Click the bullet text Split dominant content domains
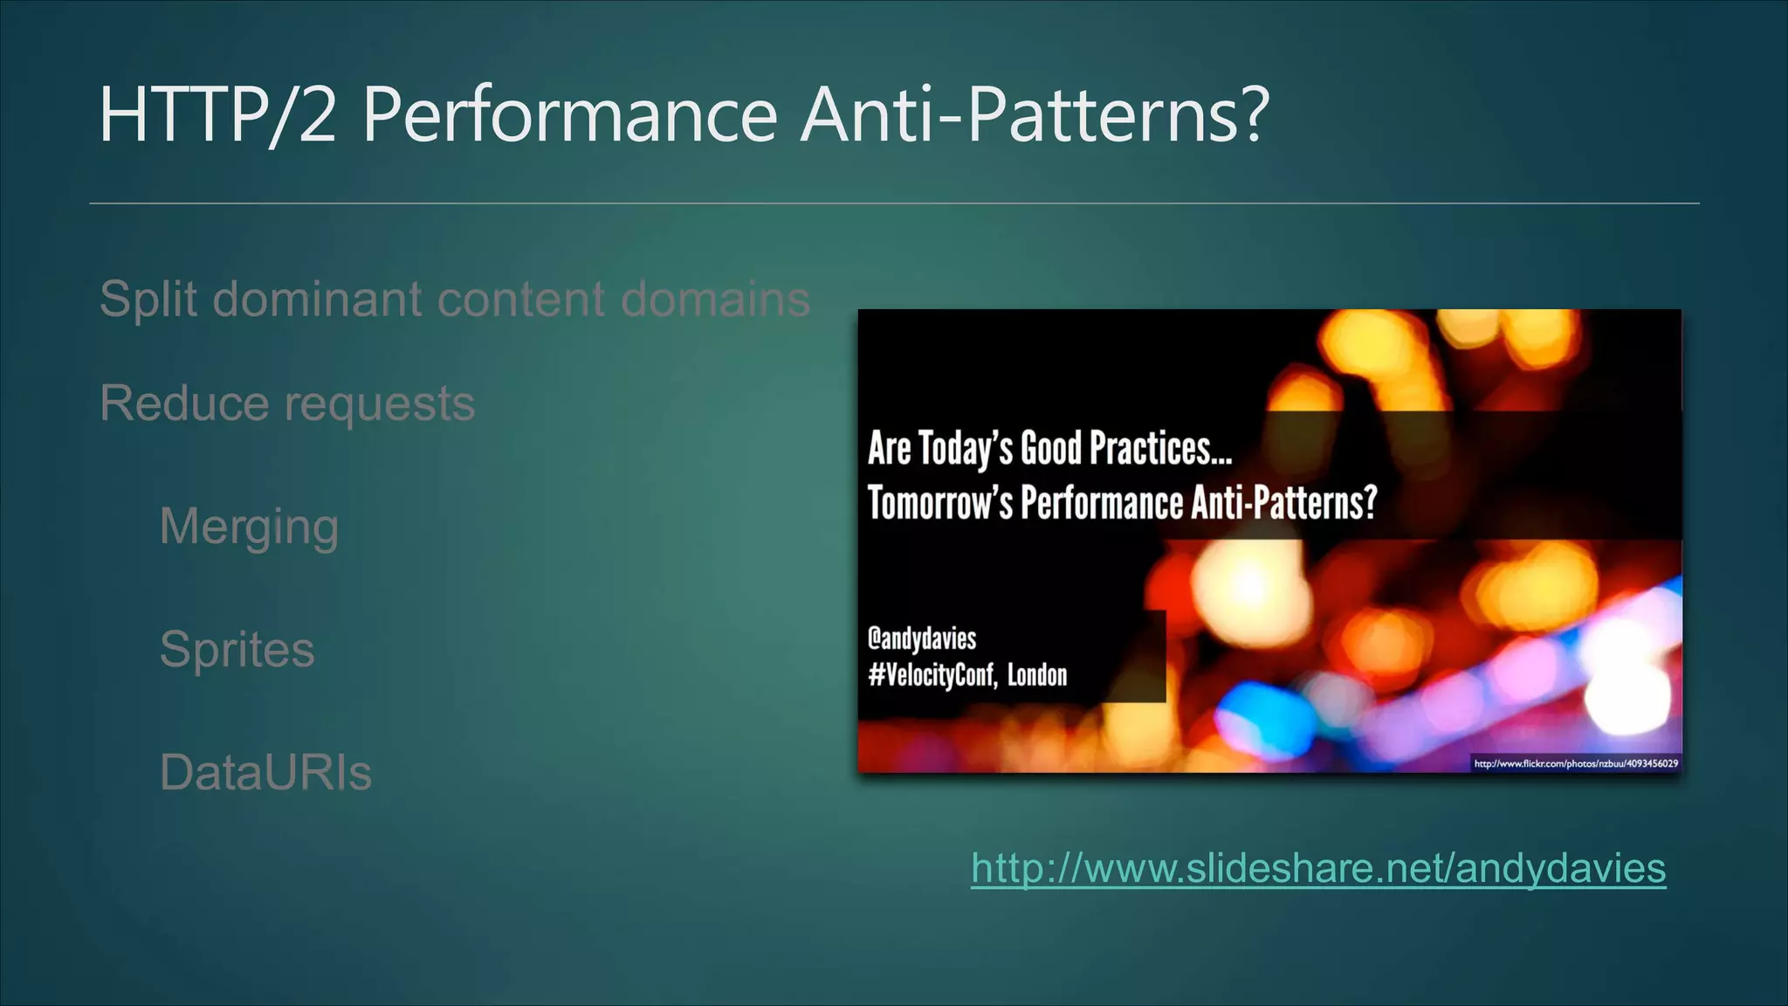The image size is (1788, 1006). (455, 300)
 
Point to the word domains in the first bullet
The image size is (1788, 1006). (715, 300)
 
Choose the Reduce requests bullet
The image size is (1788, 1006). (287, 403)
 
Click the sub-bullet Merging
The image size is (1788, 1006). (249, 527)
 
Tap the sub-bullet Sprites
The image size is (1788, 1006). (237, 650)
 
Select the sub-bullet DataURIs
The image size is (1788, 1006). (265, 773)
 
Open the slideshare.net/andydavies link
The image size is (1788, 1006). (1318, 869)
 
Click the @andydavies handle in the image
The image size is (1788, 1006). (922, 638)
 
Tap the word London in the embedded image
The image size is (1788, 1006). (1037, 675)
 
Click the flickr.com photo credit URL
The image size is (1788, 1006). (1575, 763)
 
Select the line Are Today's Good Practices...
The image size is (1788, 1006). (1049, 449)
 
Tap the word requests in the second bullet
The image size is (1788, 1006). (380, 404)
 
